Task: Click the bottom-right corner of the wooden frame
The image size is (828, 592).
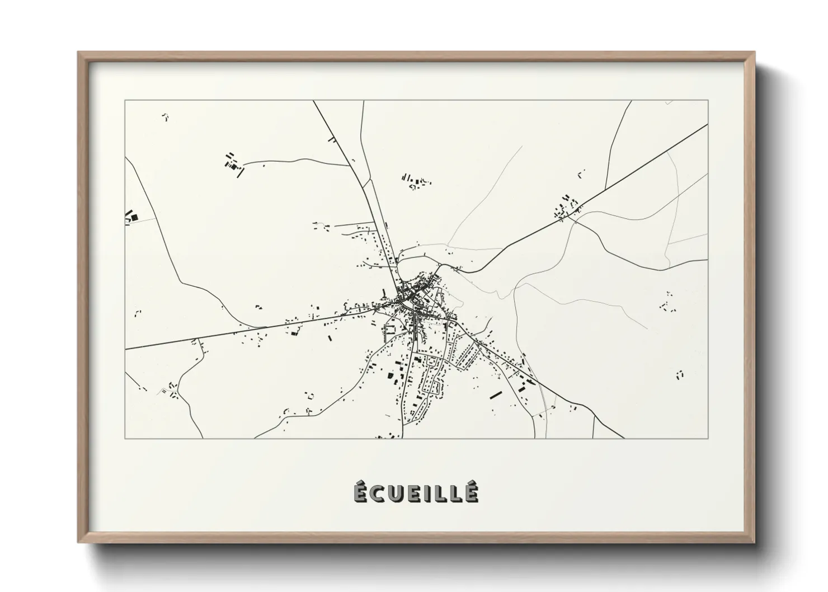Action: point(755,543)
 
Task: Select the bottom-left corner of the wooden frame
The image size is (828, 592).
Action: point(78,543)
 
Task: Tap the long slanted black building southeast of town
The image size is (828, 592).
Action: point(494,394)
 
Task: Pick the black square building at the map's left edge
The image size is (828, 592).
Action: point(134,217)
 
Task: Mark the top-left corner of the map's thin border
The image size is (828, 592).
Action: point(125,101)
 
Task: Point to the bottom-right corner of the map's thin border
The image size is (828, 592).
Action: point(708,438)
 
